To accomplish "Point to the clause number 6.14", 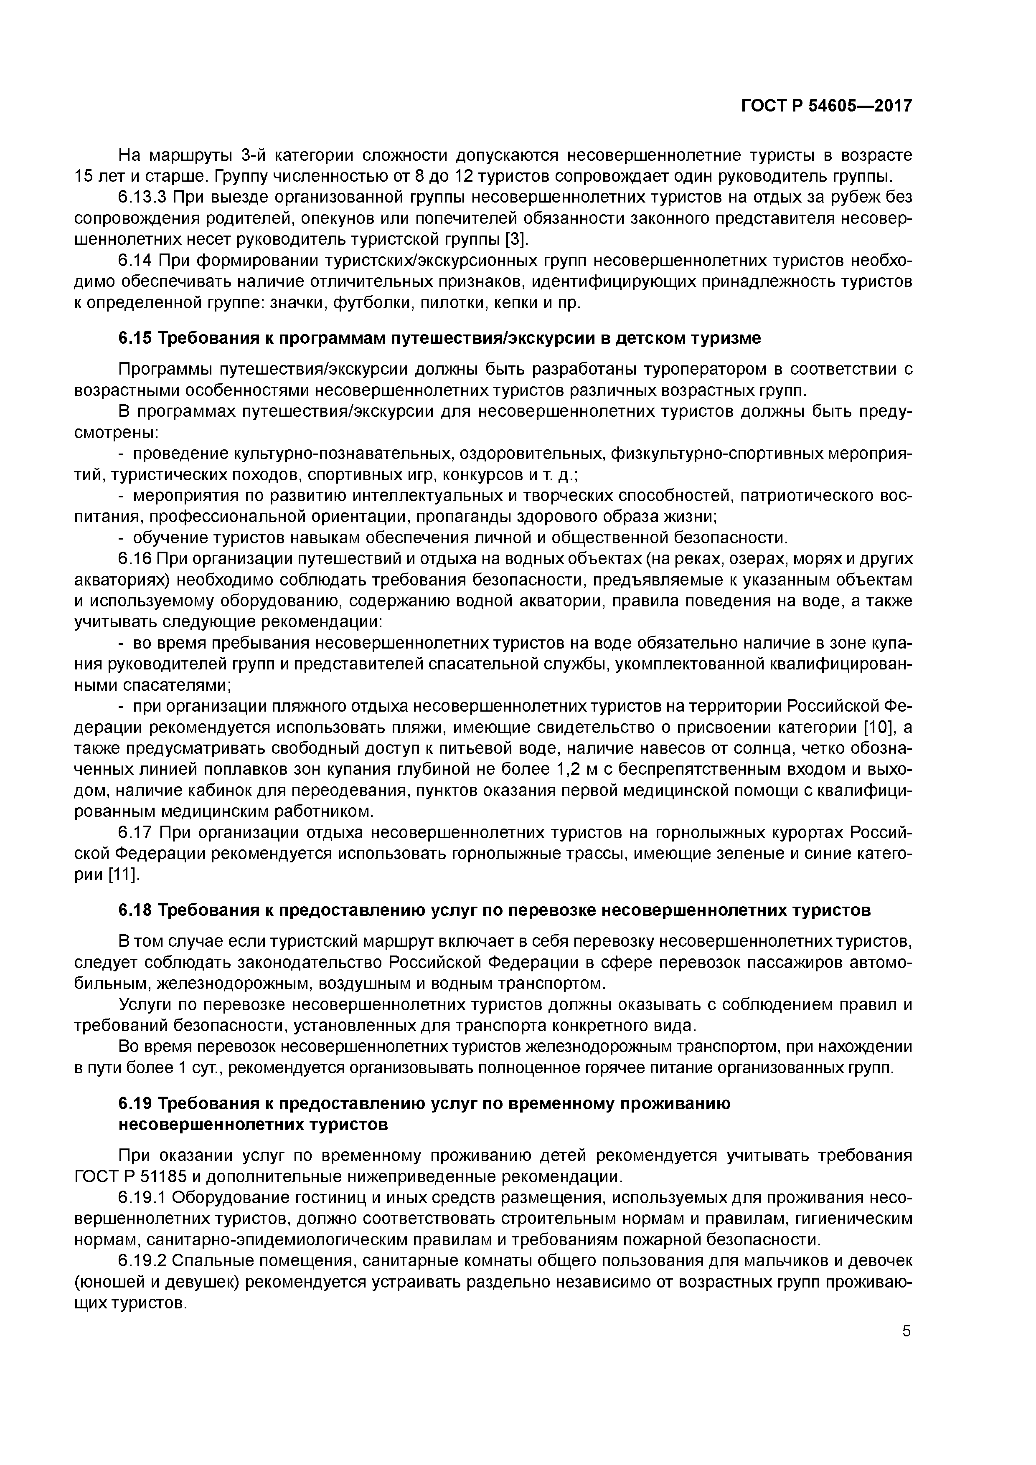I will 136,261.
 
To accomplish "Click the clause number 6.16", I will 135,559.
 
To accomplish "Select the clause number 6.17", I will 136,833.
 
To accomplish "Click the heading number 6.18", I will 135,910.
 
